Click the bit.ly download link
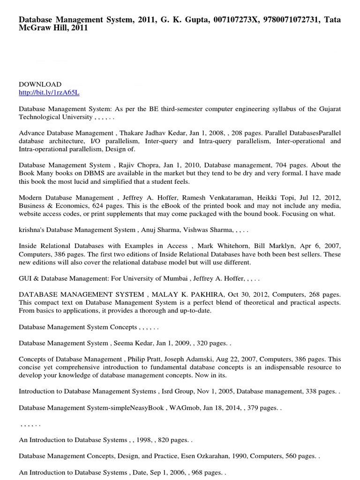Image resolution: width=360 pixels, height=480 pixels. tap(49, 93)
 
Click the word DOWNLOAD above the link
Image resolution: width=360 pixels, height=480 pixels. tap(40, 84)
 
